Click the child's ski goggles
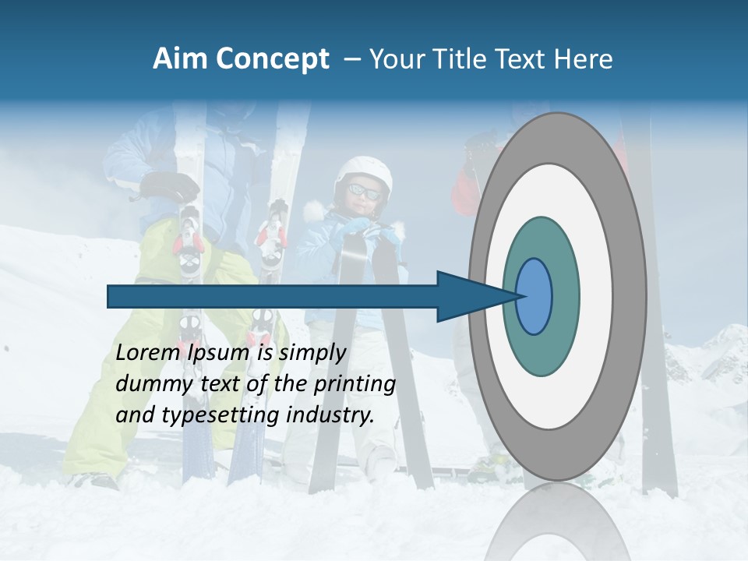pyautogui.click(x=364, y=191)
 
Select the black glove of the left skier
pyautogui.click(x=171, y=186)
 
